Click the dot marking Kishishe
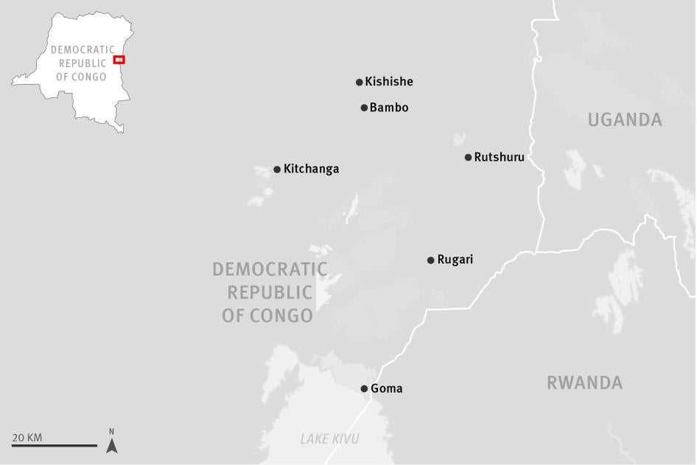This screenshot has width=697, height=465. point(360,83)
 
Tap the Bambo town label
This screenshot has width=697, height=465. point(389,108)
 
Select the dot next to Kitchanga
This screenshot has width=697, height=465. point(277,169)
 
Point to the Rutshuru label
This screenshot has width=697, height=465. point(499,157)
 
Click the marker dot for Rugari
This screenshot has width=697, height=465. point(431,260)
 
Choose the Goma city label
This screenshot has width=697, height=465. point(386,388)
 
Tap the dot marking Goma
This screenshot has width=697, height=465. point(364,388)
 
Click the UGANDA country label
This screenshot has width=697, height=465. point(625,120)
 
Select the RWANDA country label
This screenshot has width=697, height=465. point(584,382)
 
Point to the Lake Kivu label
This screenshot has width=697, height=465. point(329,439)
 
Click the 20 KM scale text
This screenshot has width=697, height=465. point(27,438)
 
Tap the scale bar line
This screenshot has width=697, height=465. point(54,445)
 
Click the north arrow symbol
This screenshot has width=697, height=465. point(111,444)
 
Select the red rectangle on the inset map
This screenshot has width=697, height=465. point(119,60)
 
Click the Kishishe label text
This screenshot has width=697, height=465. point(389,82)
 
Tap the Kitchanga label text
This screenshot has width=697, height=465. point(311,169)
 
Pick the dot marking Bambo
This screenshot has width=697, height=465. point(364,108)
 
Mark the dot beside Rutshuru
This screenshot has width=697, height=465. point(468,157)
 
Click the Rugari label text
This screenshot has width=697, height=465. point(455,259)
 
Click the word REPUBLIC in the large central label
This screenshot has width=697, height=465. point(270,293)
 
